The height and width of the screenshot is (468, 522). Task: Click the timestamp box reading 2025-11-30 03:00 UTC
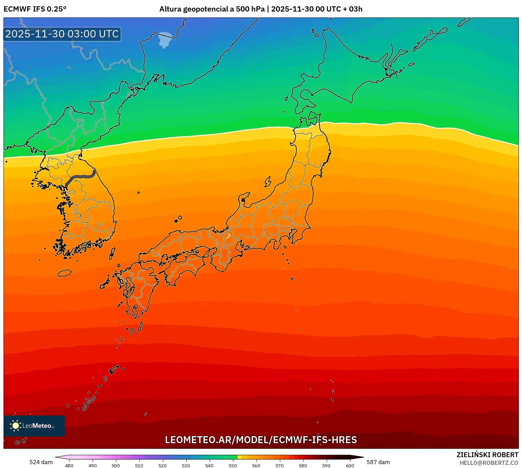click(62, 34)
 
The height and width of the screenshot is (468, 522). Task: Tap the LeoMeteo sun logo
click(15, 425)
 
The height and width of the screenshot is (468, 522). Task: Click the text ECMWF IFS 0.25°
click(35, 9)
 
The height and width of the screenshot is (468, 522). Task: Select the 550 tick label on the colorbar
click(233, 466)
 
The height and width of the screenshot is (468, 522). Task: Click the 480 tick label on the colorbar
click(69, 466)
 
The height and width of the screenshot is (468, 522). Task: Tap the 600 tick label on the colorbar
click(350, 466)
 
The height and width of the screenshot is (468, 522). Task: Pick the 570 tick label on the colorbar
click(280, 466)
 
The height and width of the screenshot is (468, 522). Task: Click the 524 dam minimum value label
click(41, 462)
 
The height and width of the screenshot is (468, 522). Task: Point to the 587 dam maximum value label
click(378, 462)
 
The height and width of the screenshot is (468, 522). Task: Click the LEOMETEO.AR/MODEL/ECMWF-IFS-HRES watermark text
click(261, 440)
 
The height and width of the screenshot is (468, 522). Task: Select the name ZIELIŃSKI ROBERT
click(487, 455)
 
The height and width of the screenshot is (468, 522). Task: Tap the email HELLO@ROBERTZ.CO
click(489, 463)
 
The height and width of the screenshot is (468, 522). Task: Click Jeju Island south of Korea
click(65, 273)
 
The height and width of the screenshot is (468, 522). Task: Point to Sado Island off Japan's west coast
click(268, 182)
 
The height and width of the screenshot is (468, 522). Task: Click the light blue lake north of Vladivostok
click(165, 39)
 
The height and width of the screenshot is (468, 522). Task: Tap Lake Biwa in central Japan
click(228, 235)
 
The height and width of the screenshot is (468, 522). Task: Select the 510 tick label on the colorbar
click(139, 466)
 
